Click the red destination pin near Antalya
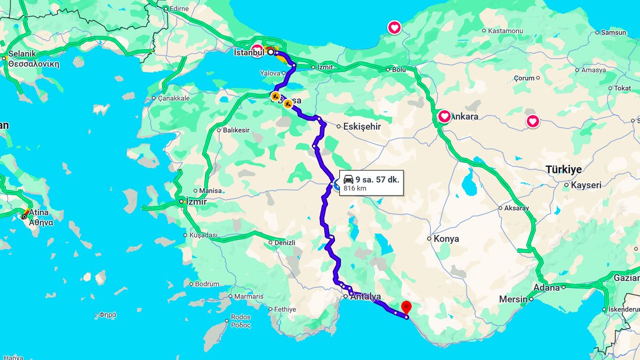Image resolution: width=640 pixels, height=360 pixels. (406, 307)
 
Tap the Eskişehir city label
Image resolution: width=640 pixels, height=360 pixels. (362, 127)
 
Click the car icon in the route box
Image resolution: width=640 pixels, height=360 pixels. (348, 179)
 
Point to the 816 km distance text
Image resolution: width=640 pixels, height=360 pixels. (355, 188)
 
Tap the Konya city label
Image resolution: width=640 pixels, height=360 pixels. (446, 239)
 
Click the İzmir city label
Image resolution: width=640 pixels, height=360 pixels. (195, 202)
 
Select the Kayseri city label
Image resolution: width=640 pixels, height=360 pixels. (586, 186)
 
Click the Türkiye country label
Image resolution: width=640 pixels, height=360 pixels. (563, 170)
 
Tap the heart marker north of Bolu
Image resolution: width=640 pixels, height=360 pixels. (394, 27)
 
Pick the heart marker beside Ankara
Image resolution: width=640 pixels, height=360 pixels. (444, 116)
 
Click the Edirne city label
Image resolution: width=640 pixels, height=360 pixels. (180, 9)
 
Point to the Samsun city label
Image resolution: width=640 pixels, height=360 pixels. (614, 33)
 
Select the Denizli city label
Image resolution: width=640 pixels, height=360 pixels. (285, 243)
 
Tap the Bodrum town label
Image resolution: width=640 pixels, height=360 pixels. (207, 284)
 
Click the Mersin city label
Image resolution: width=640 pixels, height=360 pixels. (513, 300)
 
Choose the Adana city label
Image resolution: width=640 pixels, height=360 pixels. (547, 288)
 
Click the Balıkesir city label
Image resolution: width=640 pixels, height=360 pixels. (236, 130)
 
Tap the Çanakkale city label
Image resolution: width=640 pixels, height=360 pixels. (174, 98)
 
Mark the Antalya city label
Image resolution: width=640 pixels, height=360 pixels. (365, 297)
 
